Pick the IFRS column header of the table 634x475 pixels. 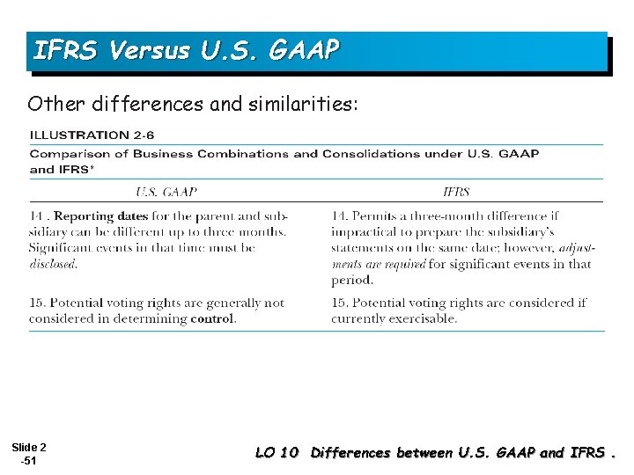click(x=456, y=192)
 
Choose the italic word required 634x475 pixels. click(x=404, y=264)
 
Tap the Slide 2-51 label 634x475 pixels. click(x=30, y=455)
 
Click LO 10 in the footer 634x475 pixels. click(x=276, y=453)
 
